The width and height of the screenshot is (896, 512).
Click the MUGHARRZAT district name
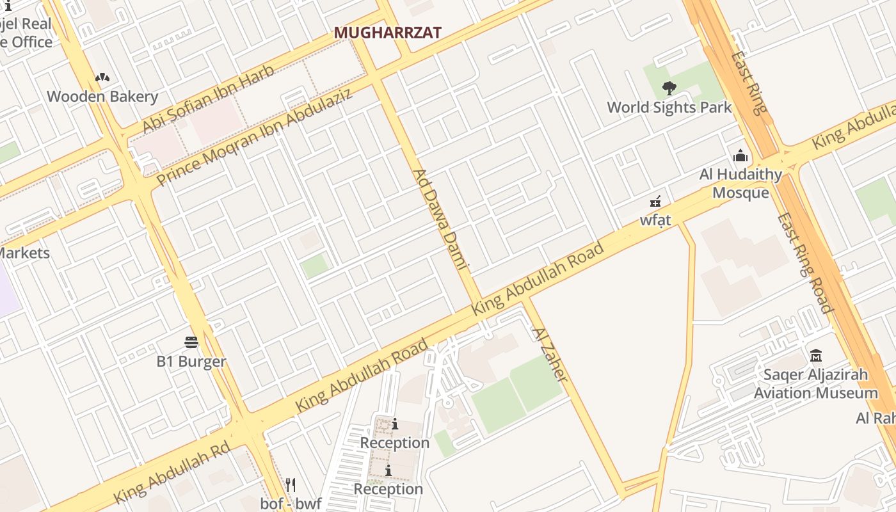point(388,33)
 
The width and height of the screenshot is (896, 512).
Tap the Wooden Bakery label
point(102,97)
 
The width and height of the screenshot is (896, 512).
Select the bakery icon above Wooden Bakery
point(102,77)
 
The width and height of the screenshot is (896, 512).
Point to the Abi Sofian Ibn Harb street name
point(209,99)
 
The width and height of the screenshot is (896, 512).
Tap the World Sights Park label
point(669,107)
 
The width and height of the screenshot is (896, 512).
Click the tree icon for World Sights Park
point(669,88)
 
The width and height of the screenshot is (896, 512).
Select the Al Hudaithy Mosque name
point(740,183)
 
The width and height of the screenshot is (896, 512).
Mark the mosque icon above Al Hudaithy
point(740,156)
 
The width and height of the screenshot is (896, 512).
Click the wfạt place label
point(655,220)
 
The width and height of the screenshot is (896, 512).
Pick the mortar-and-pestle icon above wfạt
point(655,202)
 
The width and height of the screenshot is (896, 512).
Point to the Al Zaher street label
point(549,354)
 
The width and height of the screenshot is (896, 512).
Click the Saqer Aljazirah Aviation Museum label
point(815,383)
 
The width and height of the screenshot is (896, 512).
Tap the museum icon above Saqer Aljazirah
point(816,355)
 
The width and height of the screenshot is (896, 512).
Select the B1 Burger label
point(191,362)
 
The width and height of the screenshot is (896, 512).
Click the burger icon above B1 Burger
point(191,342)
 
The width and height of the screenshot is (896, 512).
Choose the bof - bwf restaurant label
point(291,504)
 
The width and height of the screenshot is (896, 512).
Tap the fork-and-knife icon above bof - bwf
point(291,484)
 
